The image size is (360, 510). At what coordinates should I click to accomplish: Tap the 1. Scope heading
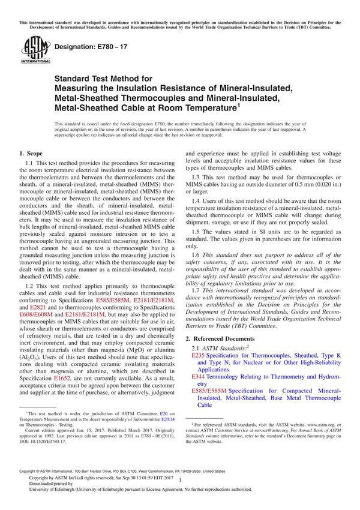(34, 154)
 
